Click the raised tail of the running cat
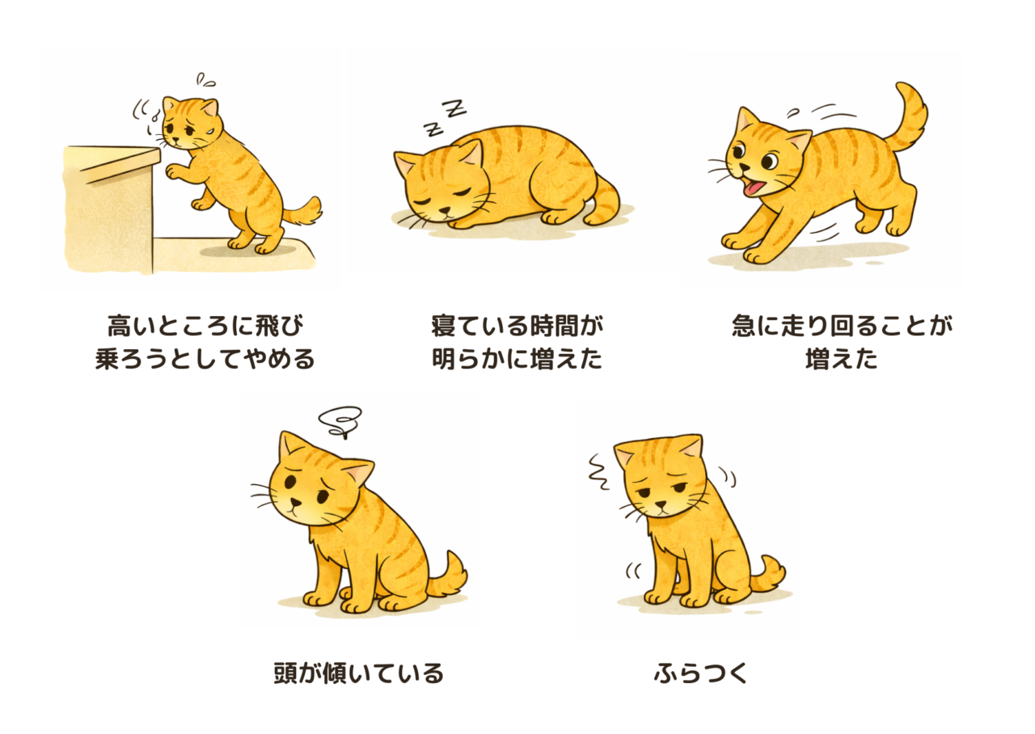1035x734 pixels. coord(906,118)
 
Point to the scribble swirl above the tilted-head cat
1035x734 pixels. coord(340,421)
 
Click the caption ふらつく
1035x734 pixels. coord(700,673)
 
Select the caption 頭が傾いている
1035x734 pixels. coord(358,673)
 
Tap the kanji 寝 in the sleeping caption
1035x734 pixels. coord(444,326)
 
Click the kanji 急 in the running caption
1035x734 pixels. coord(745,326)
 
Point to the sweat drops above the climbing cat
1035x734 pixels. coord(205,80)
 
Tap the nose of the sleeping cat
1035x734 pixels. coord(445,211)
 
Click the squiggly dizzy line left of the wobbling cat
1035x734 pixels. coord(599,471)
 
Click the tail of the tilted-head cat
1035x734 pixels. coord(448,576)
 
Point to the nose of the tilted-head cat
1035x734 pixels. coord(295,502)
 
